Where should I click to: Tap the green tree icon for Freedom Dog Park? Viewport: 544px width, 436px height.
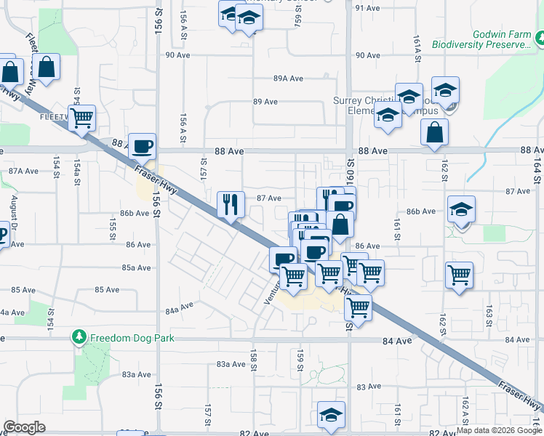coord(79,337)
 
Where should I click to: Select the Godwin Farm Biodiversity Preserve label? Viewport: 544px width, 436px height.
coord(482,39)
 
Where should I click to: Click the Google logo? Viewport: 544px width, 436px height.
coord(24,427)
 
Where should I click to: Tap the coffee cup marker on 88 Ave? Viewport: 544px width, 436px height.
coord(143,146)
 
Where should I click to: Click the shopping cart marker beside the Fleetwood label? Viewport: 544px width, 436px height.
coord(82,116)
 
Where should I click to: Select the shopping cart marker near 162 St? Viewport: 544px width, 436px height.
coord(459,275)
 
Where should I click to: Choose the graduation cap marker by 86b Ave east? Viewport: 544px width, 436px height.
coord(461,209)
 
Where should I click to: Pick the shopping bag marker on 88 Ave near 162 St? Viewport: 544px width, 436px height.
coord(434,132)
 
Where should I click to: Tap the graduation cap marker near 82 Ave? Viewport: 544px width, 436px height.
coord(331,415)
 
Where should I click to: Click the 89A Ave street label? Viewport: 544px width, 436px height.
coord(288,78)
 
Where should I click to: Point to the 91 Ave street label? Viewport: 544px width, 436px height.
coord(368,8)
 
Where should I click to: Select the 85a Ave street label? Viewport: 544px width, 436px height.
coord(136,267)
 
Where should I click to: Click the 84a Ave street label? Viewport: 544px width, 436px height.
coord(180,307)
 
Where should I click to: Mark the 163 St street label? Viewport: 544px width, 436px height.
coord(489,315)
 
